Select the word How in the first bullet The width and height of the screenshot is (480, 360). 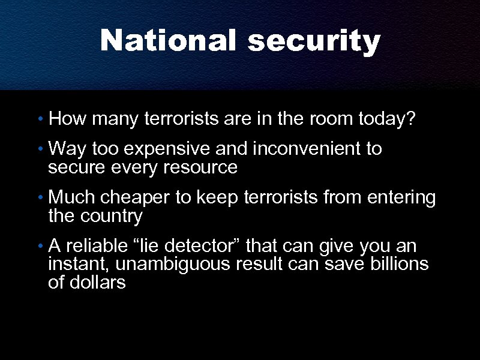pos(66,119)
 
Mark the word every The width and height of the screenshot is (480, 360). pos(135,167)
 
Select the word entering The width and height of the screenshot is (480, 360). pos(401,198)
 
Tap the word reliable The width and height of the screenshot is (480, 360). pos(96,246)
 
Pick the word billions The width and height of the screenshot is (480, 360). pos(398,264)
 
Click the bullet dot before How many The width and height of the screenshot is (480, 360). pos(40,120)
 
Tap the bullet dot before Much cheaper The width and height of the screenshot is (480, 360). pos(40,199)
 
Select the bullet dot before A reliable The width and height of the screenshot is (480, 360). pos(40,247)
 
